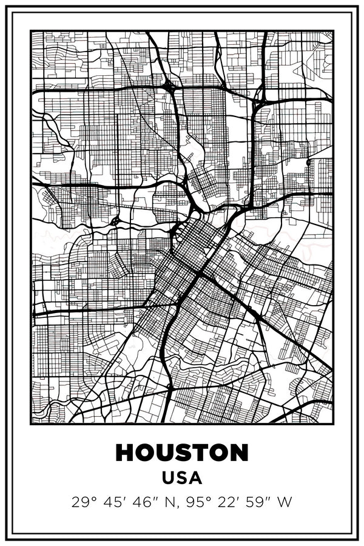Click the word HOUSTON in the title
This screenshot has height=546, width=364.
[182, 453]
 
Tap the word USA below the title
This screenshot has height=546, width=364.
[182, 478]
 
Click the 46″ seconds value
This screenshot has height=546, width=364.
[140, 502]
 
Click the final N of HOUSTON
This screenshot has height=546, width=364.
[239, 453]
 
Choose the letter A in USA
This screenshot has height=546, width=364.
[195, 478]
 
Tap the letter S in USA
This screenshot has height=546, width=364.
[182, 478]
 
